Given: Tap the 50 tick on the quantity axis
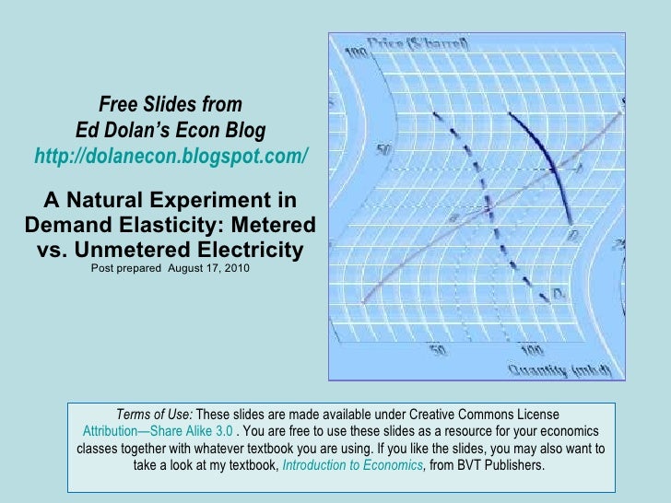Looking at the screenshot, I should (x=438, y=350).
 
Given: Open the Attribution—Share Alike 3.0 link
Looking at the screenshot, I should (x=157, y=431).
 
